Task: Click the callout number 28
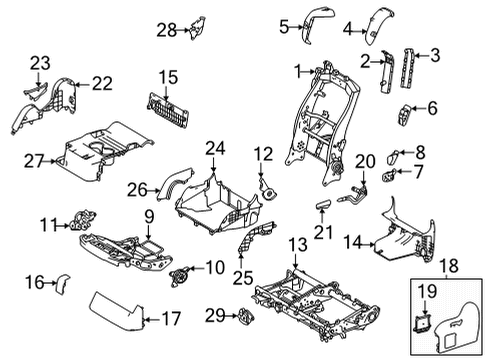pos(165,31)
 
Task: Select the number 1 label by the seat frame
pos(297,69)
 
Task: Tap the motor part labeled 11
pos(80,223)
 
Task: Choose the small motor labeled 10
pos(182,270)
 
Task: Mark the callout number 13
pos(296,245)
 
